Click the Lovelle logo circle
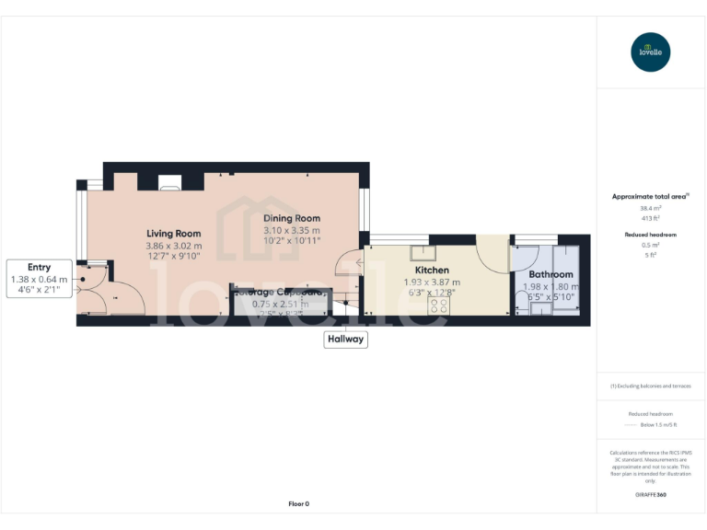click(x=651, y=52)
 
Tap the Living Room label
click(x=173, y=234)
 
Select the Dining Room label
click(x=291, y=218)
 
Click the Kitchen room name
click(x=432, y=271)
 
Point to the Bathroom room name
click(x=551, y=274)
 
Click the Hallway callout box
click(x=345, y=340)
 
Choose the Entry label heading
click(x=39, y=268)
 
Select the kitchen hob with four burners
click(x=438, y=305)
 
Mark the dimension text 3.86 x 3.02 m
click(x=173, y=246)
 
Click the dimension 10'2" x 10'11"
click(x=291, y=240)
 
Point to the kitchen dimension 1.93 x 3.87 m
click(x=432, y=282)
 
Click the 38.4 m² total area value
click(x=651, y=208)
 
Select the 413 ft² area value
click(x=651, y=218)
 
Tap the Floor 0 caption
click(x=299, y=504)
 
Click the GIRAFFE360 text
click(x=651, y=495)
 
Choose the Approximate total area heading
click(x=649, y=196)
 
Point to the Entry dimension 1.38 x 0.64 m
click(x=39, y=279)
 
